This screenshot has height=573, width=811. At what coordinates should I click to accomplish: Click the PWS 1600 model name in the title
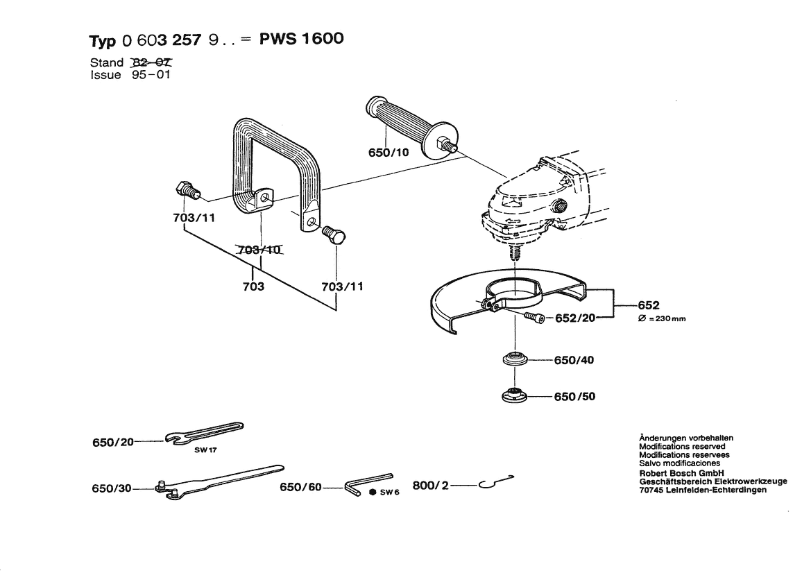301,39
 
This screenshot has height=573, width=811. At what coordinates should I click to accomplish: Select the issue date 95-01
150,74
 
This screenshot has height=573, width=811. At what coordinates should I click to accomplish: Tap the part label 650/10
389,153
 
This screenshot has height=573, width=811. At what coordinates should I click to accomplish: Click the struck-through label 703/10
260,250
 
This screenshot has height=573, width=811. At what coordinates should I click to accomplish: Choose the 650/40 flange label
574,361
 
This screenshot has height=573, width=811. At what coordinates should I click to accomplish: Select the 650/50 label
574,397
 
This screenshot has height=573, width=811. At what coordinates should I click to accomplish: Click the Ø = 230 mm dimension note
663,318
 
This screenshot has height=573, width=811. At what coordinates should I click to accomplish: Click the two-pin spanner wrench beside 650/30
215,481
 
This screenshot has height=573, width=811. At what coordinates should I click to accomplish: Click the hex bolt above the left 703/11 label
185,189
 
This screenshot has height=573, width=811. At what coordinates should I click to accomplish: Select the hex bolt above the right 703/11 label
334,235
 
